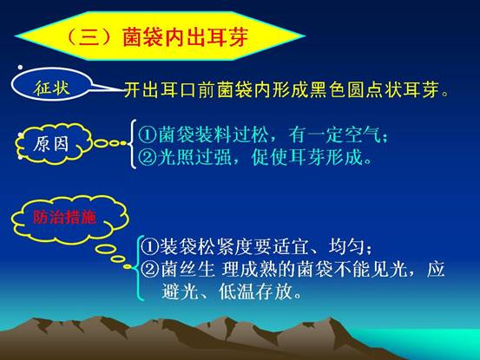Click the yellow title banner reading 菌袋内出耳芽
[x=160, y=36]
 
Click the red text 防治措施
[x=64, y=217]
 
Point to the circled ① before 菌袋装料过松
[x=148, y=134]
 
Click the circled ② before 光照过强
[x=148, y=157]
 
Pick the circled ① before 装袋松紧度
[x=150, y=246]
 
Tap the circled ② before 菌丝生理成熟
[x=150, y=270]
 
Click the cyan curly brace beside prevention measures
[x=137, y=268]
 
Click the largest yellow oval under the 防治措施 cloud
[x=105, y=249]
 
